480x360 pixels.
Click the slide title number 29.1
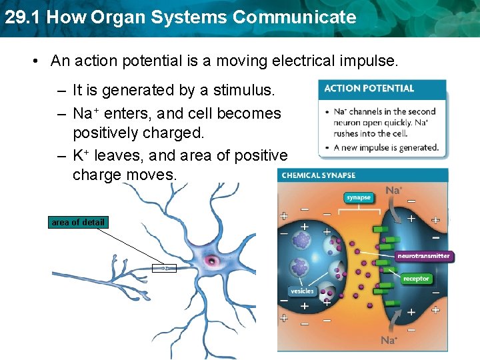22,17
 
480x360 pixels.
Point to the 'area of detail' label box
78,222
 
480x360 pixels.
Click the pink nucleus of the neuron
214,260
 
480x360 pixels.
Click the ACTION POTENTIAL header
369,88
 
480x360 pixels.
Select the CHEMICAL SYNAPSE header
319,175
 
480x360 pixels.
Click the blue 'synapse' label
359,197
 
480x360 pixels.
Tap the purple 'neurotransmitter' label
423,255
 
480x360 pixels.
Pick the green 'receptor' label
416,279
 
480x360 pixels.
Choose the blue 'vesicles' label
301,291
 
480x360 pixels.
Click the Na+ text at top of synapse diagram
394,191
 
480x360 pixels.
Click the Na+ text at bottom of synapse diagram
389,341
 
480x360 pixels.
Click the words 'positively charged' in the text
138,133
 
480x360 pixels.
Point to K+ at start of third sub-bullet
81,155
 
